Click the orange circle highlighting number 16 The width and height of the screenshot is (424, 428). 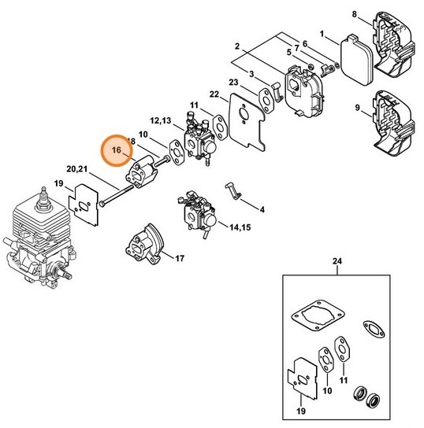(117, 149)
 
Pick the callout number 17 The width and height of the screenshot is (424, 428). (180, 258)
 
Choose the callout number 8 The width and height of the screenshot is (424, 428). (354, 14)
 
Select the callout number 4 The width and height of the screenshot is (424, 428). (262, 210)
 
